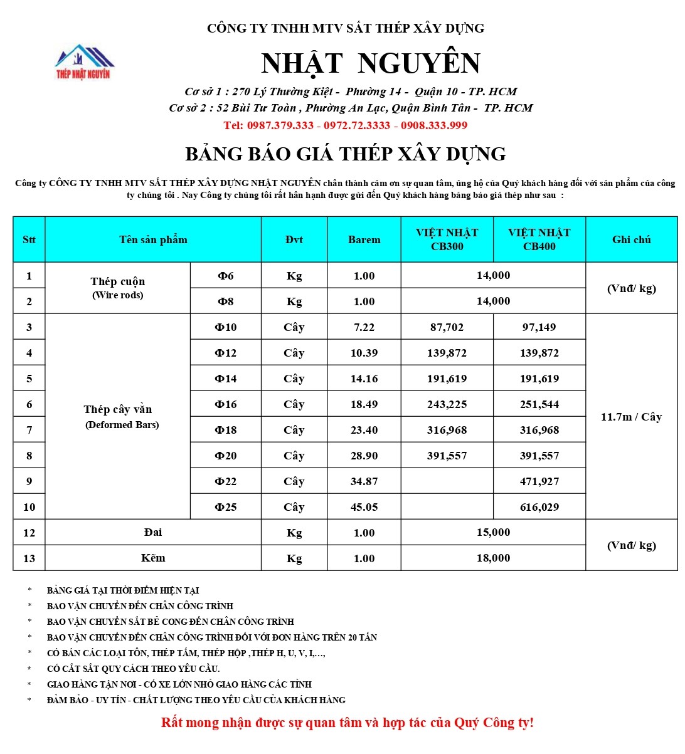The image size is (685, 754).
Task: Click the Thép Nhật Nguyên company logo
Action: pyautogui.click(x=83, y=62)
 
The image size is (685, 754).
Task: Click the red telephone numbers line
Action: pyautogui.click(x=345, y=125)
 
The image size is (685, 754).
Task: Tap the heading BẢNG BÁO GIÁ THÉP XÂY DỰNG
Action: pyautogui.click(x=346, y=154)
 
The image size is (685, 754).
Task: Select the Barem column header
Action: pyautogui.click(x=364, y=239)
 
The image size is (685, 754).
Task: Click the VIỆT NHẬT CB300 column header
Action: pyautogui.click(x=447, y=239)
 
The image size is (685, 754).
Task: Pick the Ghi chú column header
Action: pyautogui.click(x=631, y=239)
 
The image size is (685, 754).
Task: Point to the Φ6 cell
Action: pyautogui.click(x=225, y=276)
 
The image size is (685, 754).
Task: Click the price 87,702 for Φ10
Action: pyautogui.click(x=447, y=327)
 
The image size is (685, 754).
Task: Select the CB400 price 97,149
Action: pyautogui.click(x=539, y=327)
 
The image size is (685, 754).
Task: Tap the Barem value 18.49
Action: pyautogui.click(x=364, y=404)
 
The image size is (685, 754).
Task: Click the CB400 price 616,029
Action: pyautogui.click(x=539, y=507)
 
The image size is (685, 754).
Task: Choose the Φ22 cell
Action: pyautogui.click(x=225, y=481)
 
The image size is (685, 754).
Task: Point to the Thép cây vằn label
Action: pyautogui.click(x=118, y=410)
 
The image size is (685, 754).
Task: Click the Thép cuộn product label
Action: pyautogui.click(x=118, y=282)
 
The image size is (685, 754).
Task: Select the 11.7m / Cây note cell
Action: pyautogui.click(x=631, y=417)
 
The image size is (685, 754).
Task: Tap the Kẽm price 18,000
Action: pyautogui.click(x=493, y=558)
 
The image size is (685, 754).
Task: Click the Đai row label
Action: pyautogui.click(x=153, y=532)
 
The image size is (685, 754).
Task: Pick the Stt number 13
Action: pyautogui.click(x=29, y=558)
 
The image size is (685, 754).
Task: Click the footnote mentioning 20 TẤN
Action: pyautogui.click(x=212, y=637)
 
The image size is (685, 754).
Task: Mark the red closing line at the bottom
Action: pyautogui.click(x=348, y=723)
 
